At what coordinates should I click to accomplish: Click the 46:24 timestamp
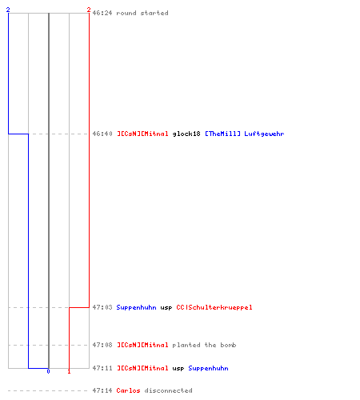102,13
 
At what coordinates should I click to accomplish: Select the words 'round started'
142,13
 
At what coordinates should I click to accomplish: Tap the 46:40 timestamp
102,134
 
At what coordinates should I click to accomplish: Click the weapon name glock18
186,134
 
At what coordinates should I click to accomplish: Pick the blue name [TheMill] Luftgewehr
245,134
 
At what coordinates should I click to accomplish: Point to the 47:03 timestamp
102,307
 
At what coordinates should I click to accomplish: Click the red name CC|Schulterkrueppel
214,307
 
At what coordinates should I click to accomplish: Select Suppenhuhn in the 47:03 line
136,308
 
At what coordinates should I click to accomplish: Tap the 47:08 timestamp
102,345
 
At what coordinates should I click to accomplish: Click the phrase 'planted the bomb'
204,346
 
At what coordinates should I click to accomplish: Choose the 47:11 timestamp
102,368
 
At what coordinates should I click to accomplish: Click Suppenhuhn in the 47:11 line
208,369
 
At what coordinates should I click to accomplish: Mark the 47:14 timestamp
102,390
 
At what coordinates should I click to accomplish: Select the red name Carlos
128,390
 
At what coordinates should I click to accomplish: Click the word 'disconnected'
168,390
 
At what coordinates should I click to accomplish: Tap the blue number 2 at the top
8,10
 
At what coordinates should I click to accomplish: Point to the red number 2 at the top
89,10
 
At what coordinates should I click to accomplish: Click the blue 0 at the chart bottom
48,371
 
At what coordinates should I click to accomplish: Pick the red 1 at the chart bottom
69,371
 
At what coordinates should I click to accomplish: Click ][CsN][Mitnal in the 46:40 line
142,134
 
